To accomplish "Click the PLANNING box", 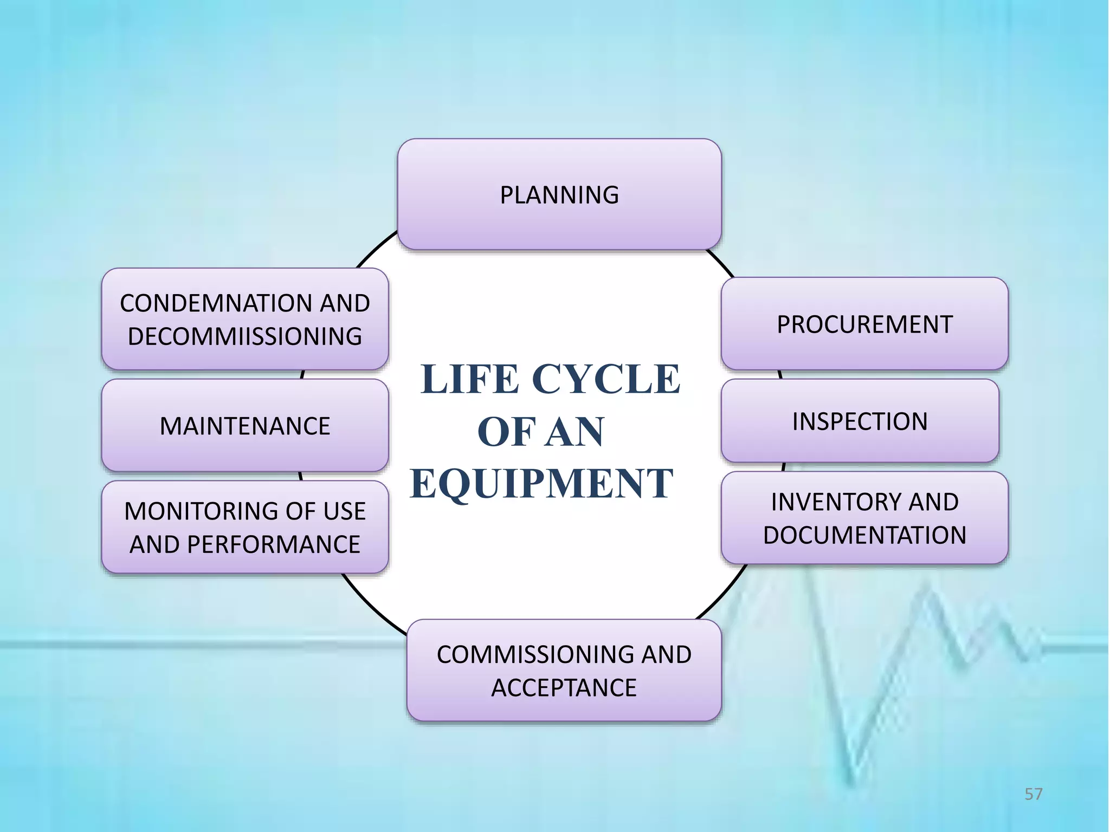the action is pos(559,195).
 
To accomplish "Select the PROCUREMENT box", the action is pos(864,324).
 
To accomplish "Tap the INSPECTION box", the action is pos(860,421).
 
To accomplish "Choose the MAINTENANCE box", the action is pos(245,426).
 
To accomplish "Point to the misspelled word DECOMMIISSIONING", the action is pos(245,336).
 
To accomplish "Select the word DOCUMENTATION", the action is pos(864,535).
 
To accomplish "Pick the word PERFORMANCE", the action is pos(274,544).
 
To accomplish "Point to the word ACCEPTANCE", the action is pos(564,688).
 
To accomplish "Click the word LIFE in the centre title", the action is pos(470,379).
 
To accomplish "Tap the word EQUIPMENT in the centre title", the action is pos(541,483).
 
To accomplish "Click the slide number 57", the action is pos(1033,794).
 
